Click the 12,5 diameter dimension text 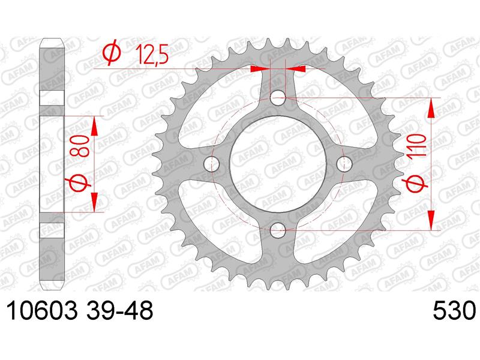click(x=152, y=54)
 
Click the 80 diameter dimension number click(x=82, y=146)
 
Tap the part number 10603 click(x=41, y=310)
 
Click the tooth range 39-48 click(x=119, y=310)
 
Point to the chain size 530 click(x=454, y=310)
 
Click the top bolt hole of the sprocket click(x=278, y=98)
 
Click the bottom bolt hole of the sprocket click(x=278, y=230)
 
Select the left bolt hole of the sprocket click(x=212, y=164)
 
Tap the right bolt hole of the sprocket click(x=344, y=164)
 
